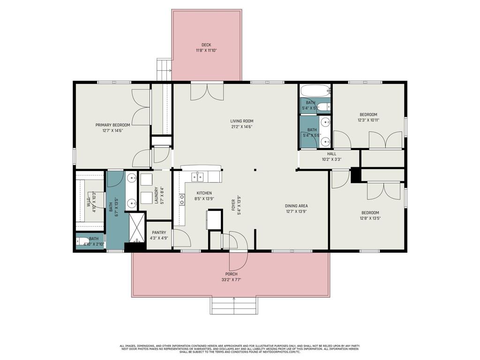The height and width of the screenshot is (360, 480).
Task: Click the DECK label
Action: point(206,45)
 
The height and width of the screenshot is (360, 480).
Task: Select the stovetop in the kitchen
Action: point(181,200)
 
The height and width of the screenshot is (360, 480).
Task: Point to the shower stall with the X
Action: point(137,227)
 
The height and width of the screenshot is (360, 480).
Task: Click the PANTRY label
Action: point(159,232)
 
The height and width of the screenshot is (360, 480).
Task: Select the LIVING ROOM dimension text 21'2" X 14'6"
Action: point(241,127)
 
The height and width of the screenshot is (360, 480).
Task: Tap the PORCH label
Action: point(231,274)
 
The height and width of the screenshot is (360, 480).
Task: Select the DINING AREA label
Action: point(296,206)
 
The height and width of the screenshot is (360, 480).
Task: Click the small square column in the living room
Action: point(255,170)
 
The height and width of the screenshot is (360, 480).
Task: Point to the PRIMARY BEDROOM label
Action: point(112,125)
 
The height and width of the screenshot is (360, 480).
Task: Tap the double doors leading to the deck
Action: point(207,91)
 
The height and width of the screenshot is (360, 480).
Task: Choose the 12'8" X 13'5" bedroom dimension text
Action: point(370,218)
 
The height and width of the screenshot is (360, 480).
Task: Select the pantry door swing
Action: point(182,238)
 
